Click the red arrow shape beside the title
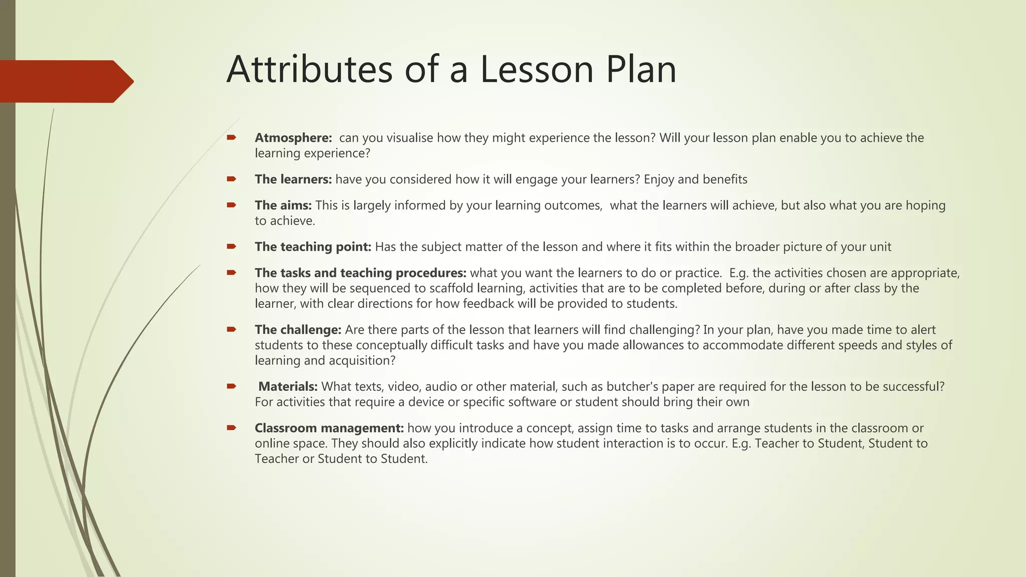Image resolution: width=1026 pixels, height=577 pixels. [65, 81]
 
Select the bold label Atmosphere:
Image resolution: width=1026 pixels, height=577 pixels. [293, 138]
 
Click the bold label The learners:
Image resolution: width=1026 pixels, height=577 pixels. [293, 179]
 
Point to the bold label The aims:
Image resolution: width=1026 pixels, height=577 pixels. [283, 205]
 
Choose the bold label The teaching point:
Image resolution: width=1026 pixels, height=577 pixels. [313, 247]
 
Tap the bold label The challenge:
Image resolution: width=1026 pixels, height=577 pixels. [298, 330]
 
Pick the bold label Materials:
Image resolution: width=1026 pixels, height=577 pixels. [288, 387]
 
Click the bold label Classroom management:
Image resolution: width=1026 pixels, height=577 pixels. [329, 428]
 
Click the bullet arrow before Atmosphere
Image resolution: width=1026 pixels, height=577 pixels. [231, 137]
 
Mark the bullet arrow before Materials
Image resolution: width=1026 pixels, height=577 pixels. [231, 386]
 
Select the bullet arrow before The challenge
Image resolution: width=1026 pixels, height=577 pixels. [231, 330]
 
